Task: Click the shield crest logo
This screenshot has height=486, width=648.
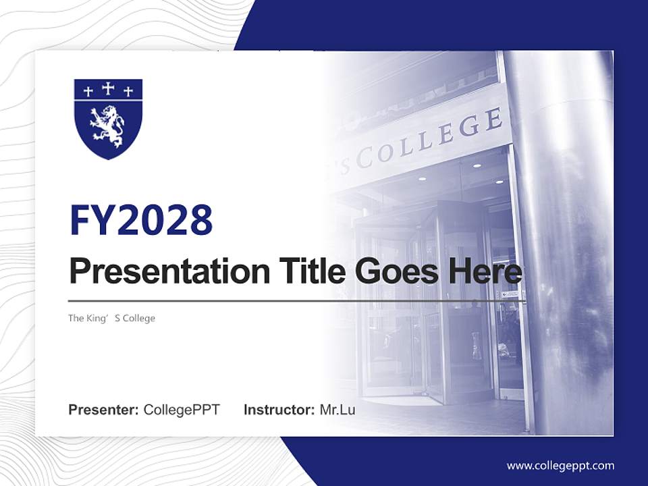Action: coord(108,119)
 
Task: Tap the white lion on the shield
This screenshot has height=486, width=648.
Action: coord(109,126)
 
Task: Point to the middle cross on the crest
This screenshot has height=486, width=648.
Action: coord(108,88)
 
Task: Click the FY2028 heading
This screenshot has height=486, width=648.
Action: coord(141,220)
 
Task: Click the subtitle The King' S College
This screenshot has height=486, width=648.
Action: coord(111,318)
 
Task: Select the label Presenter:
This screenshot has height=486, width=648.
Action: coord(104,410)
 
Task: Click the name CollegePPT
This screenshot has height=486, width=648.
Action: coord(182,410)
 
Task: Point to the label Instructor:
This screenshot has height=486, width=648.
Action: coord(279,410)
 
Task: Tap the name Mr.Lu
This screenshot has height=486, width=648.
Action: coord(337,410)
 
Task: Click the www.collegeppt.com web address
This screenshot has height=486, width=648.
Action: coord(560,465)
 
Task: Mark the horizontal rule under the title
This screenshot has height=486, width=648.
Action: coord(297,301)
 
